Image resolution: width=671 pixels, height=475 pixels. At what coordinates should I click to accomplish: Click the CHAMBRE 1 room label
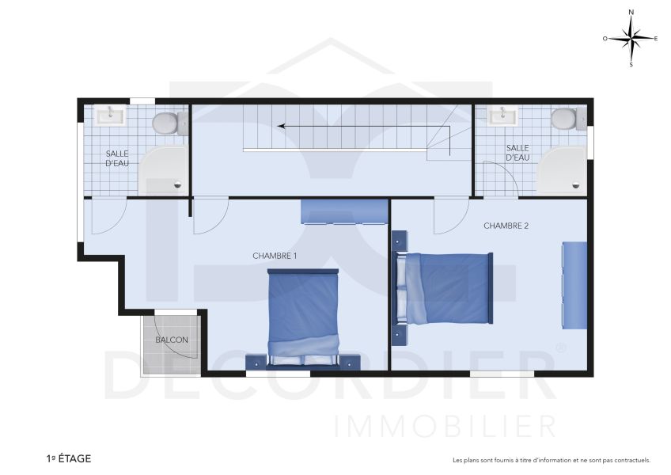[275, 256]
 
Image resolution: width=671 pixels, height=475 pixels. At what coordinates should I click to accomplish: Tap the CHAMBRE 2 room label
[506, 226]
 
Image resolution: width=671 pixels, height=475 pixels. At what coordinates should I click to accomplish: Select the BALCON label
[172, 340]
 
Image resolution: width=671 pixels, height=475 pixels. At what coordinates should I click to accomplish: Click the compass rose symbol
[631, 37]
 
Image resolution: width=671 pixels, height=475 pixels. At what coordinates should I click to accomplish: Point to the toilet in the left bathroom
[167, 123]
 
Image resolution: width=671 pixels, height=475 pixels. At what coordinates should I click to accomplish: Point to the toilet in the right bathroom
[564, 120]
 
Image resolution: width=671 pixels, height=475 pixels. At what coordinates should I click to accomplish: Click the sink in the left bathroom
[109, 116]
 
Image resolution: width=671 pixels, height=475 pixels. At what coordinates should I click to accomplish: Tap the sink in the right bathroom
[502, 116]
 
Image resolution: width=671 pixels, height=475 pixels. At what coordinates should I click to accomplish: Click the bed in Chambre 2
[446, 288]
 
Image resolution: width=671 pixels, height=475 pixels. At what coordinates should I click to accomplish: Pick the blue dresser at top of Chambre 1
[344, 211]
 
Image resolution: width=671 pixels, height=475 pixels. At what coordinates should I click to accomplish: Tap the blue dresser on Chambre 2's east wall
[574, 286]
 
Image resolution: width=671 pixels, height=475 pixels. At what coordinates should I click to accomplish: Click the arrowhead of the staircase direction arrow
[279, 125]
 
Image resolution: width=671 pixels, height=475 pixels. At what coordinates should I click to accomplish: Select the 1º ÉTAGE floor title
[68, 458]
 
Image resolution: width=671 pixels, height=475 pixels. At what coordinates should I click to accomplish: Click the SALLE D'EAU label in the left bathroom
[117, 159]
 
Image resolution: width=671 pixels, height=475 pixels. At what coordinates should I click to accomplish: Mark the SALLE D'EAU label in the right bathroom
[517, 153]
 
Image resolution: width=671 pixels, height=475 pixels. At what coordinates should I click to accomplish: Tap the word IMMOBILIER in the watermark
[445, 426]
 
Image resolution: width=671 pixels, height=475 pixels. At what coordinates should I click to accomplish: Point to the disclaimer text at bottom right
[551, 460]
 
